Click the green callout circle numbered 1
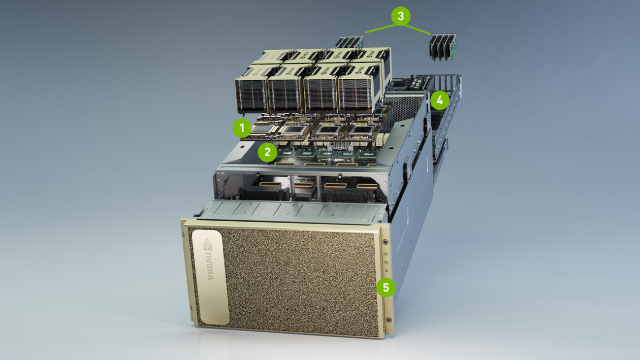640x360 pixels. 242,129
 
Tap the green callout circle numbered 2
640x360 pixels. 267,152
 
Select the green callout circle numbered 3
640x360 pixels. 401,16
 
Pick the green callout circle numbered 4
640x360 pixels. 440,101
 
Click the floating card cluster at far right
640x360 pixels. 443,47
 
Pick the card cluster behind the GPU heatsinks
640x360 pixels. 349,42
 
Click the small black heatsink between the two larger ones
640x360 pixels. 303,196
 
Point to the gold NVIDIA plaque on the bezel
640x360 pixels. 210,276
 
